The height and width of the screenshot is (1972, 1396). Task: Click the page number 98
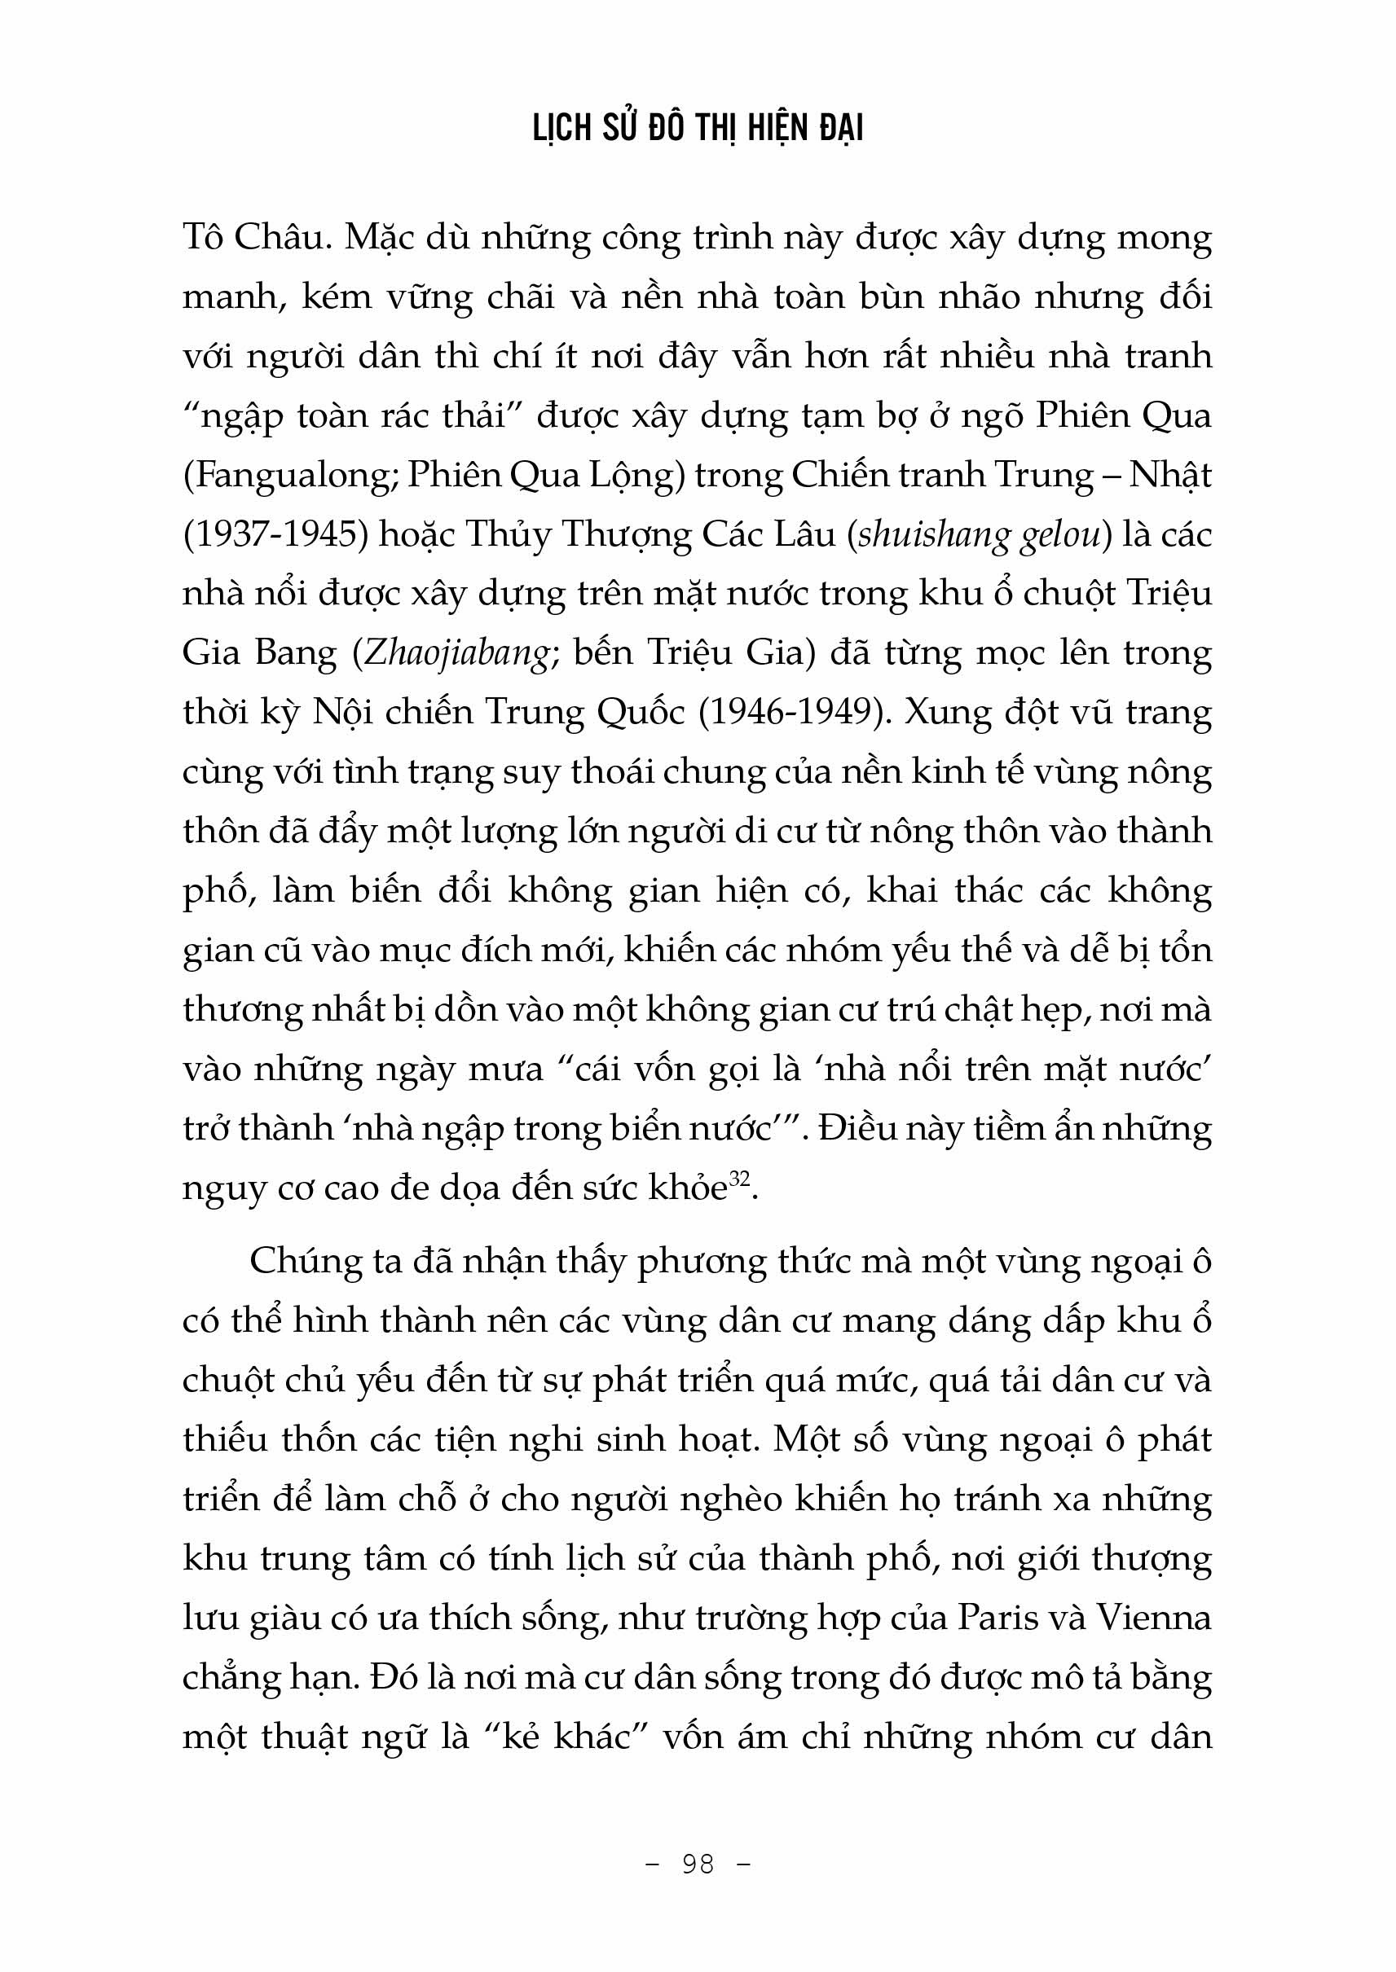coord(697,1863)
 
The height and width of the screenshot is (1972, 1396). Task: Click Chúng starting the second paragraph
coord(303,1262)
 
